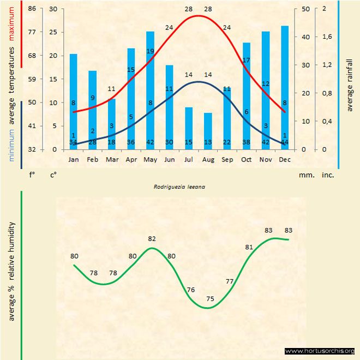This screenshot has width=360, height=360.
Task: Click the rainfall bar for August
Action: (208, 131)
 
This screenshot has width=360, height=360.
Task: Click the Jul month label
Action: (189, 159)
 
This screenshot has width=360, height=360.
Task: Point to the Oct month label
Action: (247, 159)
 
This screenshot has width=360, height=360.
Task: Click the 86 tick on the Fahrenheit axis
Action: (32, 9)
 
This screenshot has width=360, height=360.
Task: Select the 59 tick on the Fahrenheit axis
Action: (32, 79)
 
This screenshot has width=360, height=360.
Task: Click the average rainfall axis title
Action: (350, 84)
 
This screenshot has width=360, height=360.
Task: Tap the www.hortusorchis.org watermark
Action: (320, 351)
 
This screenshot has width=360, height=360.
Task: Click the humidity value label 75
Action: (210, 299)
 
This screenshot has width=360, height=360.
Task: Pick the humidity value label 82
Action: (152, 239)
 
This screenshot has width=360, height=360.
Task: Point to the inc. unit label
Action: (328, 176)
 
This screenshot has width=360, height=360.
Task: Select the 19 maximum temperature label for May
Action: (150, 51)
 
